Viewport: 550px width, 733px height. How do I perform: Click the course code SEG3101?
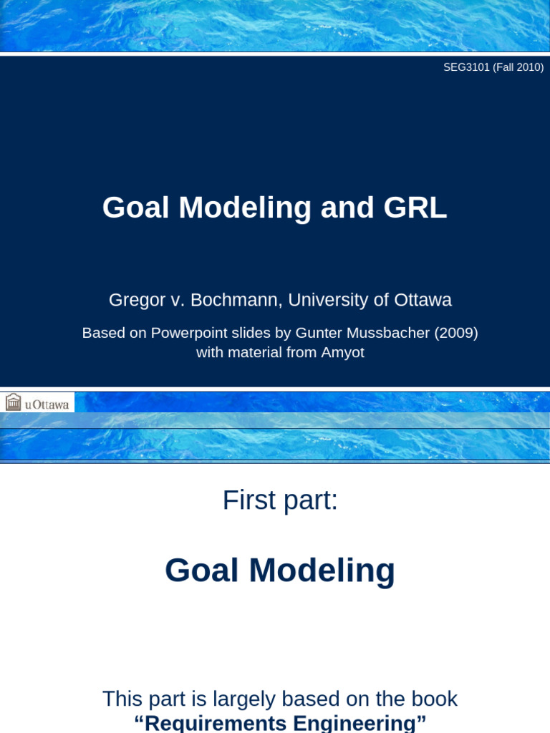pos(466,67)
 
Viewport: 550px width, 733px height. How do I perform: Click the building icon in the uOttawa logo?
pos(13,402)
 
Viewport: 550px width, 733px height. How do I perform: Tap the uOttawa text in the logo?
pos(47,404)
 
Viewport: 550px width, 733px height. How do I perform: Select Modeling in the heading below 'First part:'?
pos(322,571)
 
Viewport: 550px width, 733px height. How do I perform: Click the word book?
pos(434,699)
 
